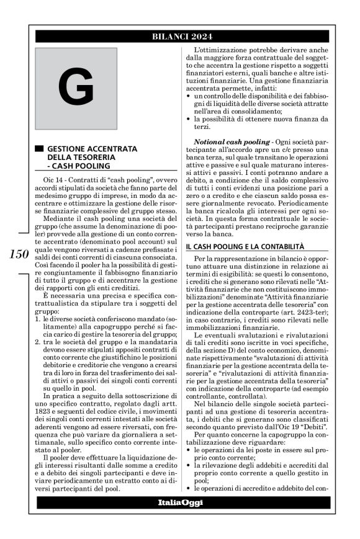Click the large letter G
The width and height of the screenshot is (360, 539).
click(76, 89)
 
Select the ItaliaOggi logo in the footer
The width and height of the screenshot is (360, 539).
click(180, 502)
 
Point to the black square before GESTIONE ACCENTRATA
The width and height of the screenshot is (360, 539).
click(39, 149)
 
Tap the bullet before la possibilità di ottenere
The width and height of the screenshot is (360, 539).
click(189, 118)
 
